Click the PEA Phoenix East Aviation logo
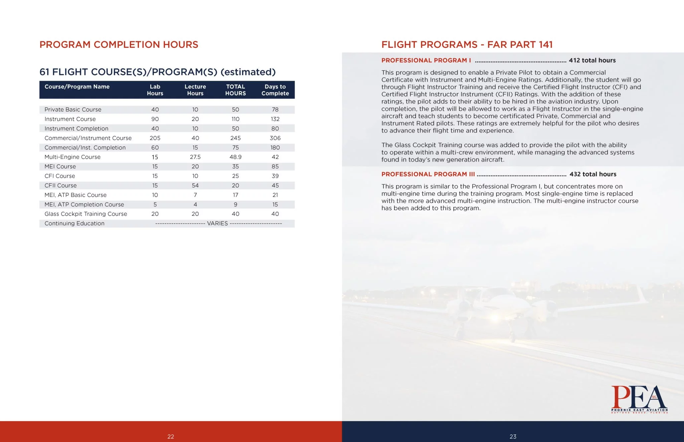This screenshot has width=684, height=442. [x=639, y=399]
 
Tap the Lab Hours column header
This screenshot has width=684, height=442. [x=155, y=90]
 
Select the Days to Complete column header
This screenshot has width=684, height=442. [x=275, y=90]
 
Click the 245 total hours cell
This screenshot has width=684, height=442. [x=235, y=138]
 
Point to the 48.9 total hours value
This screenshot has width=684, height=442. [x=235, y=157]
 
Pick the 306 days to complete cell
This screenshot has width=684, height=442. [x=275, y=138]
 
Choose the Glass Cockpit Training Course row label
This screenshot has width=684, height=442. [x=85, y=214]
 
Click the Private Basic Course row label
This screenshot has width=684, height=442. [x=73, y=110]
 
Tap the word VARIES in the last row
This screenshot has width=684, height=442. [x=217, y=224]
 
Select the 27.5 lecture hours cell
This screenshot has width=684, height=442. [x=195, y=157]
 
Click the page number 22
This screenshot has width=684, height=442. [x=171, y=437]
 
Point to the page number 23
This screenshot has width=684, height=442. [x=513, y=437]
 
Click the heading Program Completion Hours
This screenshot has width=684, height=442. [x=119, y=45]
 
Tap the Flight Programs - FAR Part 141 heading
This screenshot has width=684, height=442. [x=467, y=45]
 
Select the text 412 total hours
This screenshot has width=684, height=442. [x=592, y=60]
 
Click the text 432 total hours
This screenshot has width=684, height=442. [x=593, y=174]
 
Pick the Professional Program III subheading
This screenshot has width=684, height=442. [x=428, y=174]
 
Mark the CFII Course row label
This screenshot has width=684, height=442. [x=60, y=185]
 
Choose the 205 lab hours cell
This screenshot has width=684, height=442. [x=155, y=138]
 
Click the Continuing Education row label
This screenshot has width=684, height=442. [x=74, y=224]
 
